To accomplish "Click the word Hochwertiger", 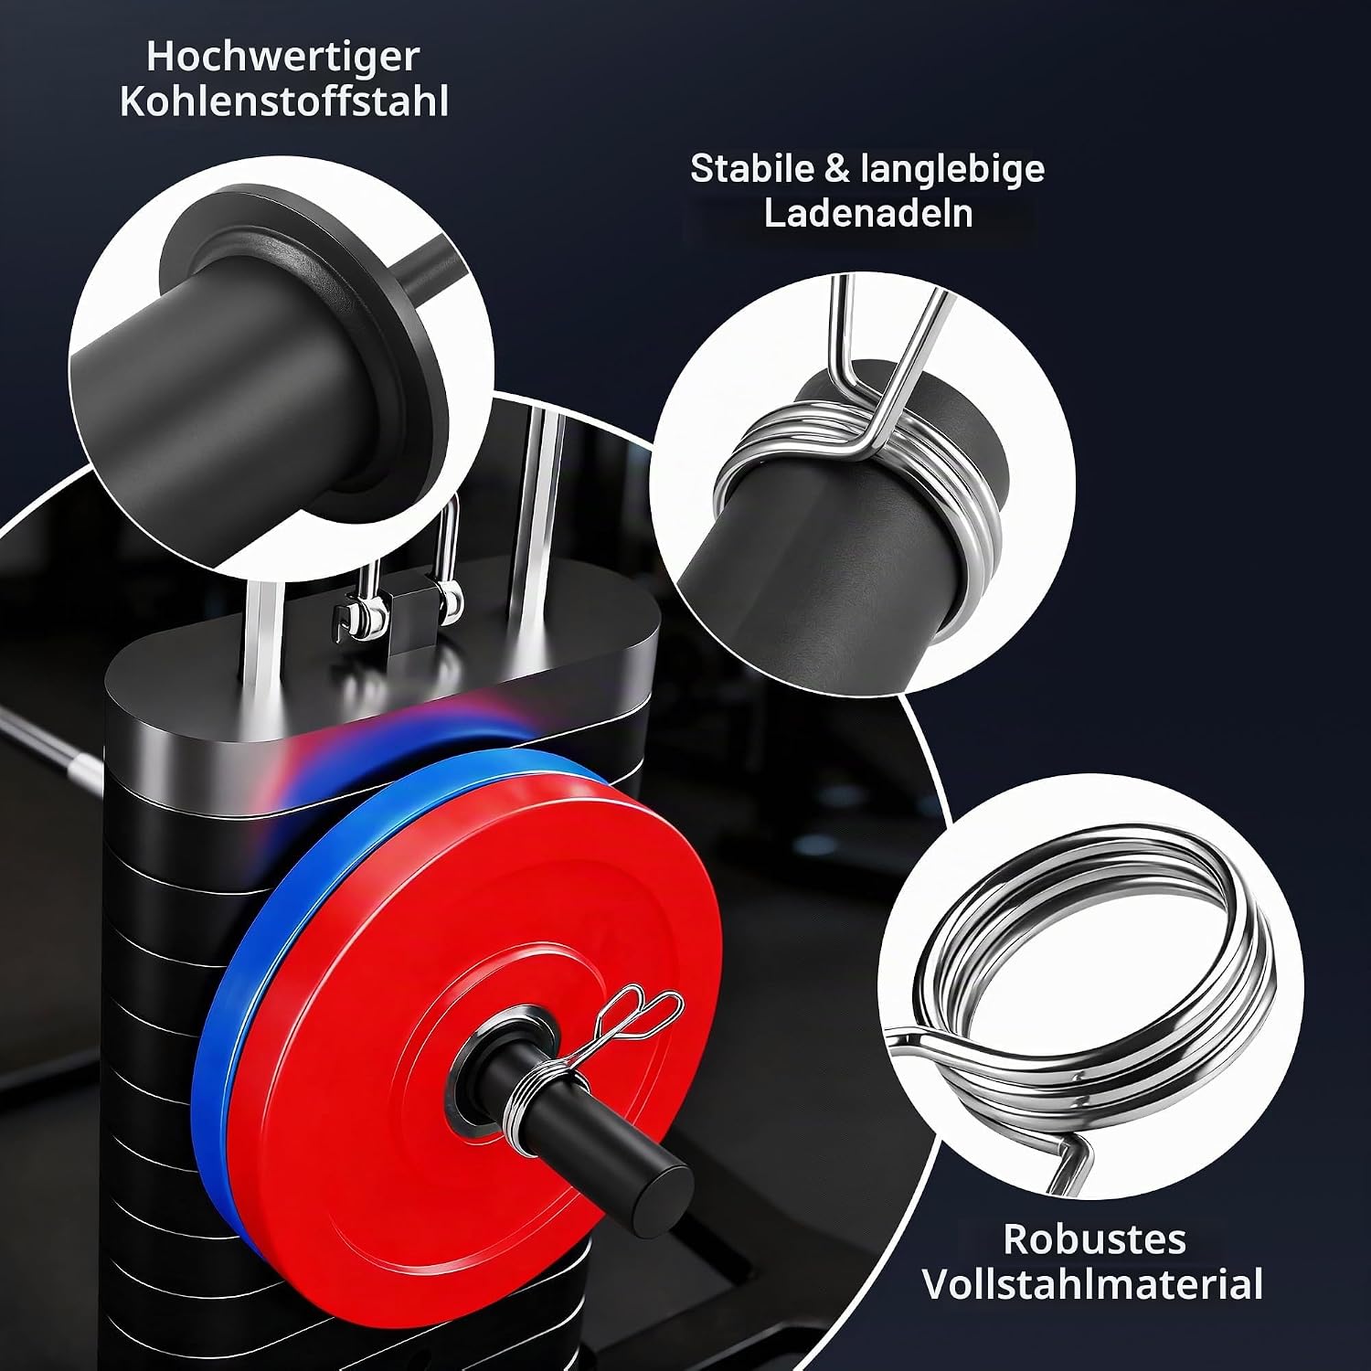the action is (x=283, y=58).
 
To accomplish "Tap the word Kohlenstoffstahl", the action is (x=283, y=102).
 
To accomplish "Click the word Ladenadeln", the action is (x=867, y=214).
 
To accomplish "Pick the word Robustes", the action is (x=1094, y=1239).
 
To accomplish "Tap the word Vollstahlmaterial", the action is (x=1093, y=1283).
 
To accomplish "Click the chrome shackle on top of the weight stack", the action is (x=448, y=558).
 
